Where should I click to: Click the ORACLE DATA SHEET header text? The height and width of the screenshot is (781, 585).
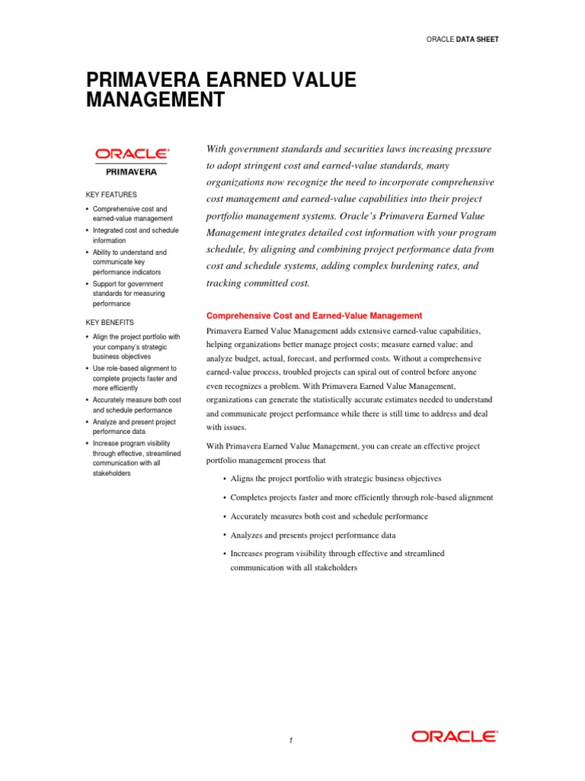click(463, 39)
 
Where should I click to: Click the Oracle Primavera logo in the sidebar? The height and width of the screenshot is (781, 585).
click(132, 161)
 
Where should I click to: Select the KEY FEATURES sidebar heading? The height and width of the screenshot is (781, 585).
click(110, 194)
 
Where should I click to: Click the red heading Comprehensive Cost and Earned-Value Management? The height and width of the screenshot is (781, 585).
click(315, 316)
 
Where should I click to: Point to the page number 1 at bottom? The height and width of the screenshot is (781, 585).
click(291, 740)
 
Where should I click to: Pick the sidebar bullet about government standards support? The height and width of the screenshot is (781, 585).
click(128, 294)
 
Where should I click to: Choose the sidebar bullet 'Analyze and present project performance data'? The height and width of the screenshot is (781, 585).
click(133, 427)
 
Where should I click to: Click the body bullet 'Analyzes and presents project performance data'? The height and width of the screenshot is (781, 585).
click(324, 535)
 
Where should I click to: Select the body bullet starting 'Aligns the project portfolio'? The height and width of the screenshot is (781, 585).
click(336, 478)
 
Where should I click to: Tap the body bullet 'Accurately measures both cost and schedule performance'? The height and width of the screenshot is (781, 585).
click(329, 516)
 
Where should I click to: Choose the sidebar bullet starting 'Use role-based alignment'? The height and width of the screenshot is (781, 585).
click(133, 378)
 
